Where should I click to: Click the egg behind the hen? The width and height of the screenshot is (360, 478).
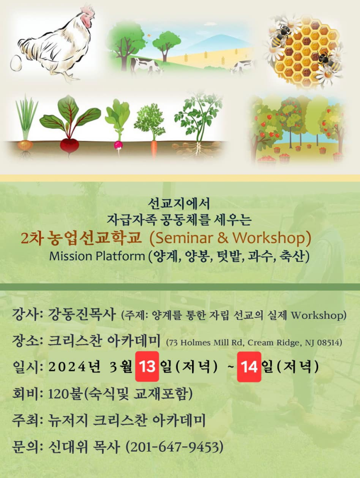click(x=16, y=63)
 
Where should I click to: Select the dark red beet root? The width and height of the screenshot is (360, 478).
click(x=70, y=145)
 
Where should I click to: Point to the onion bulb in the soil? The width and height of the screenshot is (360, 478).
click(x=25, y=145)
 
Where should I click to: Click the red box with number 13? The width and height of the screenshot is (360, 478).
click(x=147, y=366)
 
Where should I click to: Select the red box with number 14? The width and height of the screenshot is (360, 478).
click(x=249, y=366)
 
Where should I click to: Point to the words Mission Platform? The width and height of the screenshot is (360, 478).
click(x=97, y=256)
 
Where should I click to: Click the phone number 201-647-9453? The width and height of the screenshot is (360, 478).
click(x=175, y=447)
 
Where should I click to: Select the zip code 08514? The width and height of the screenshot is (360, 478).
click(x=328, y=343)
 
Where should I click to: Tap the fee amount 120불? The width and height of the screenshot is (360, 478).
click(x=65, y=394)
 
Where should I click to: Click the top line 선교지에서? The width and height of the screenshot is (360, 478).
click(x=179, y=204)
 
